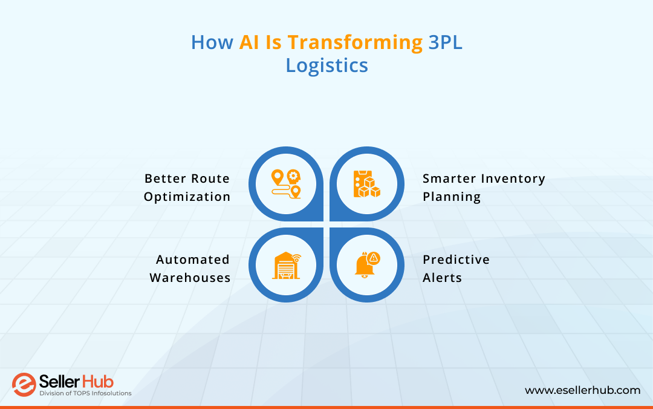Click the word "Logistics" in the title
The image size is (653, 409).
326,65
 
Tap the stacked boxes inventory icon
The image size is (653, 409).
366,184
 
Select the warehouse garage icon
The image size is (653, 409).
286,265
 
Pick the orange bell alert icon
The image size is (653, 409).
366,265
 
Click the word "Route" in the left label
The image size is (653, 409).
210,178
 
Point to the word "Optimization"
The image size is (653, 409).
187,197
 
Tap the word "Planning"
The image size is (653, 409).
452,197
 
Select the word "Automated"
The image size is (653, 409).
193,260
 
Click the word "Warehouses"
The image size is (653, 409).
190,278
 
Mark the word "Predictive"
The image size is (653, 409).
456,260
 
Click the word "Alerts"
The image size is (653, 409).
442,278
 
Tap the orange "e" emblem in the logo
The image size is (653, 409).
24,385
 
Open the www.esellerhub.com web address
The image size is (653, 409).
582,390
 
